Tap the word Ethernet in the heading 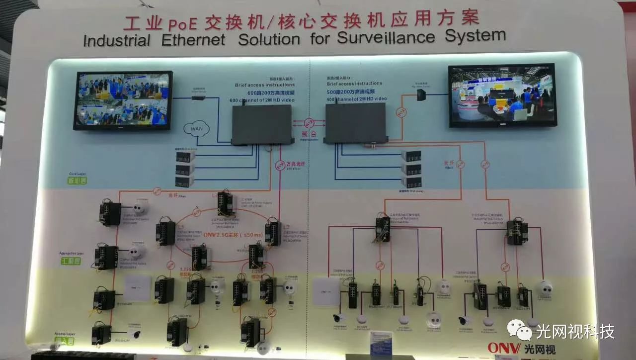193,40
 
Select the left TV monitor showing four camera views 123,100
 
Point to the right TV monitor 501,95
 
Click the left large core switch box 262,124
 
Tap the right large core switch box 356,124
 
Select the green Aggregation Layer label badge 71,260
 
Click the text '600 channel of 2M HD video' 262,100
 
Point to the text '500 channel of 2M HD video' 357,99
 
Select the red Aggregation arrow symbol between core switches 309,123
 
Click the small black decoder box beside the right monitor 421,94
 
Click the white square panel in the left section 137,288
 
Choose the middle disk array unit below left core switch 184,169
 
